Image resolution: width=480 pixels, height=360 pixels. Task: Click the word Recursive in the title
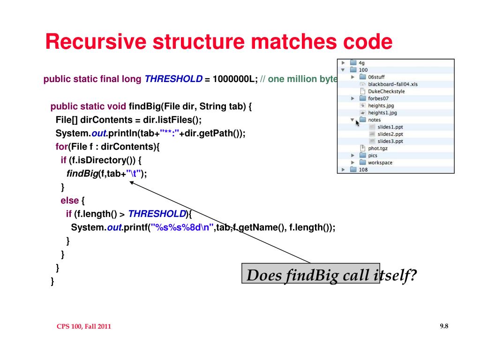pos(96,41)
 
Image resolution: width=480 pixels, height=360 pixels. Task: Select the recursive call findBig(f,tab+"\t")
pos(106,174)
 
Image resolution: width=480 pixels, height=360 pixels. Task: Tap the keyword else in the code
pos(70,201)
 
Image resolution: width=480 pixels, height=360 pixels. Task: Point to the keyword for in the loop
pos(61,147)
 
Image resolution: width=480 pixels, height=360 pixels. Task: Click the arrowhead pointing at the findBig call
pos(132,183)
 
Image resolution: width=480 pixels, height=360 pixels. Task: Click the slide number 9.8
pos(444,326)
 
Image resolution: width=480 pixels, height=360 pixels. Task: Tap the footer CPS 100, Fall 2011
pos(84,326)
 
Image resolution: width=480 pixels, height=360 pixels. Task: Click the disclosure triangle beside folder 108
pos(343,170)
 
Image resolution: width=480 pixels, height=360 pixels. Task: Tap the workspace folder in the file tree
pos(376,163)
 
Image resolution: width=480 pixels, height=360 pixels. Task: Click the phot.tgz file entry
pos(374,148)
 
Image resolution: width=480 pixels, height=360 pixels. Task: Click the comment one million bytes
pos(303,79)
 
